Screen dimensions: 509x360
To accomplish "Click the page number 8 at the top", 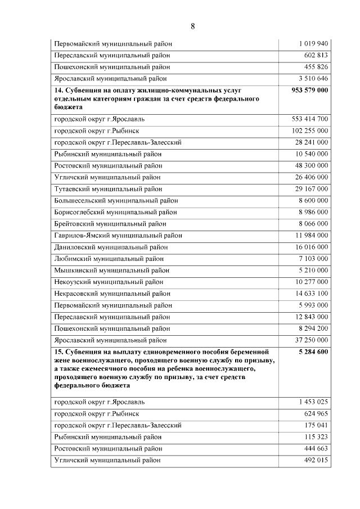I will tap(192, 26).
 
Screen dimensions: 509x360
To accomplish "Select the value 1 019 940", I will tap(313, 43).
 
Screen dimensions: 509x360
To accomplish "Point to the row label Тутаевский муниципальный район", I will tap(108, 189).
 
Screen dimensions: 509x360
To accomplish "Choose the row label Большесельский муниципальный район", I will tap(116, 201).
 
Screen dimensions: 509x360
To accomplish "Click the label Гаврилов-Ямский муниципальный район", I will tap(118, 236).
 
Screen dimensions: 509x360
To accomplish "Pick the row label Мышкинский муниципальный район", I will tap(109, 271).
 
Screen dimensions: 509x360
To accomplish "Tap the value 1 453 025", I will tap(313, 402).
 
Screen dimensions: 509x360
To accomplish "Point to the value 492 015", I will tap(314, 460).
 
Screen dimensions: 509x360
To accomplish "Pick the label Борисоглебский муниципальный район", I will tap(115, 212).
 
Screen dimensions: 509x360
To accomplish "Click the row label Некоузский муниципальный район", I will tap(109, 282).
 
